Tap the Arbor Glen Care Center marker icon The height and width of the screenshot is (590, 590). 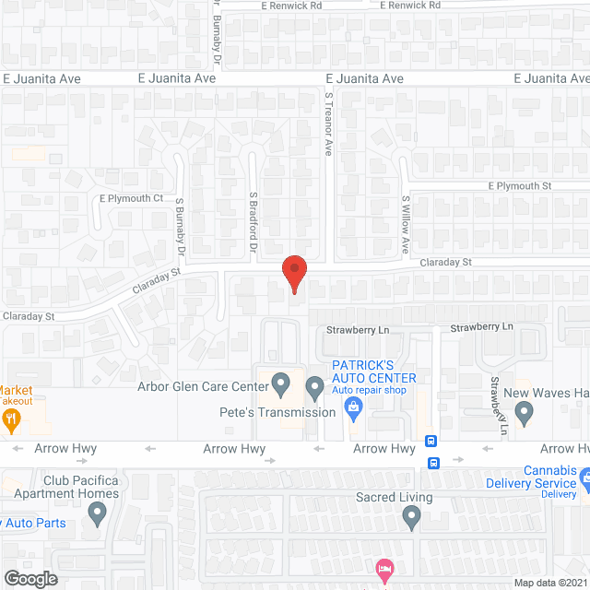[x=281, y=382]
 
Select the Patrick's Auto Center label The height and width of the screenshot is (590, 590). [x=374, y=372]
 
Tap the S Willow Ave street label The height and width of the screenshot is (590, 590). [x=405, y=224]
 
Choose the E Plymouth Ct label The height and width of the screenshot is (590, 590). [x=131, y=198]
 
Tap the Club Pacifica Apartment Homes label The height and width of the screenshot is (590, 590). [x=82, y=487]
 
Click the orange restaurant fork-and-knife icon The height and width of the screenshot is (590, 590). [x=11, y=421]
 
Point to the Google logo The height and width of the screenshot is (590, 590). [x=29, y=579]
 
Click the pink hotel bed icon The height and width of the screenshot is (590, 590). [x=384, y=567]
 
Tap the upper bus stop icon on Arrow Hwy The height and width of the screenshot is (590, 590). [x=431, y=441]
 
